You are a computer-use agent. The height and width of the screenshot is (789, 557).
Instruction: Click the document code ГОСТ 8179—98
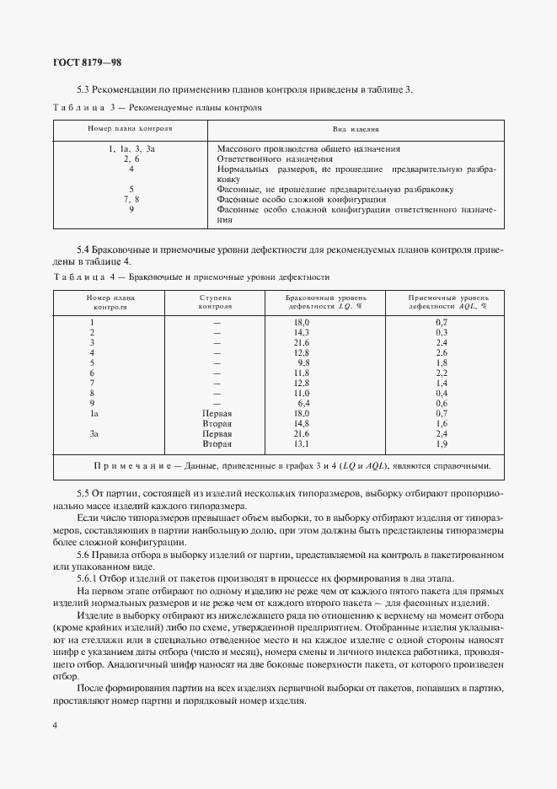88,62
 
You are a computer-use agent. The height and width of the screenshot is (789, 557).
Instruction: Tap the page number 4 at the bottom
55,726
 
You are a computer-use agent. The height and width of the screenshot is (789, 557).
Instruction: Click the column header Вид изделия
355,130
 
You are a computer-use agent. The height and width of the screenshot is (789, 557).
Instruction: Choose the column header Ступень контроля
217,303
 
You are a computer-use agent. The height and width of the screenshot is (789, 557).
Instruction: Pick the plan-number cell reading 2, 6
131,158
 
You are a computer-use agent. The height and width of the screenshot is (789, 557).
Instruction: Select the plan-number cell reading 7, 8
131,199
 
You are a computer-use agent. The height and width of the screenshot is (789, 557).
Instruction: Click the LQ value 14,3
302,333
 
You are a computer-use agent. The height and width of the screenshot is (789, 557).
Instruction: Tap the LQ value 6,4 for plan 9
303,403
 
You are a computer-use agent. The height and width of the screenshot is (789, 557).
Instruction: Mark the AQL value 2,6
441,352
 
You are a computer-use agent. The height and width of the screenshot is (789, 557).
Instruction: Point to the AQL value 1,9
441,443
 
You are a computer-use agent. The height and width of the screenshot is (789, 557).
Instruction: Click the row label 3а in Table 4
94,433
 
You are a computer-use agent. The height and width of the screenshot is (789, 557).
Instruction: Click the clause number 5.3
83,89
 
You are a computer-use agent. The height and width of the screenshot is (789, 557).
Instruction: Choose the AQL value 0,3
441,333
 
